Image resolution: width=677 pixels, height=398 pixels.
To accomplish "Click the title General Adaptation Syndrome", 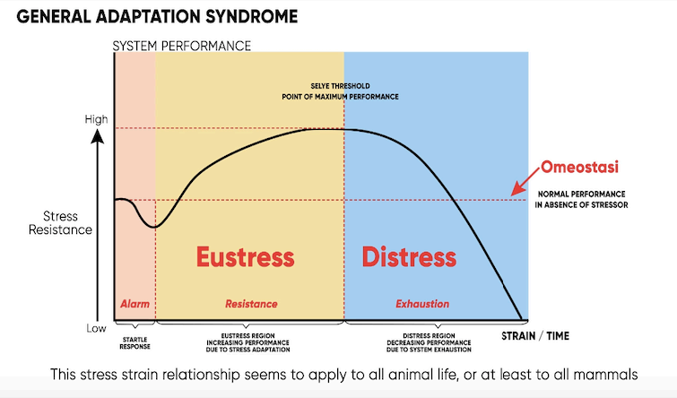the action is [x=157, y=16].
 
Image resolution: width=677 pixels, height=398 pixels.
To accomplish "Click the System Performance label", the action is [x=182, y=46].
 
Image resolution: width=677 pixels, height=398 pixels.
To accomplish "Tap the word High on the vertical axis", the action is [x=96, y=119].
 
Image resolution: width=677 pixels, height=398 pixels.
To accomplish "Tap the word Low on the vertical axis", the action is [x=96, y=328].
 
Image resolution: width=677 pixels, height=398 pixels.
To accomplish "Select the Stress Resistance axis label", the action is [x=60, y=222].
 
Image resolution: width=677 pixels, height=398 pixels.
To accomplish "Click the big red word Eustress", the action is [x=245, y=257].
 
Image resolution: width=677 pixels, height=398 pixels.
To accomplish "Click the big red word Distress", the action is [x=409, y=257].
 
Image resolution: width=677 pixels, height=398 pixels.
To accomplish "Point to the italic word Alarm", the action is [x=135, y=304].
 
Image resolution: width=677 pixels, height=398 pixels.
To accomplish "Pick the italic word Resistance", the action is [x=251, y=304].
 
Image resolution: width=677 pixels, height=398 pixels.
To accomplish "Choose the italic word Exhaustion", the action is [x=422, y=304].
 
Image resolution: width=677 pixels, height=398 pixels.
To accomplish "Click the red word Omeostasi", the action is [x=579, y=167].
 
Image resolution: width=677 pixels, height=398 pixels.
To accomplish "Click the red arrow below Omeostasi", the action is [x=525, y=181].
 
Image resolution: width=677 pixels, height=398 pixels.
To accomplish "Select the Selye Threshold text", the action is [x=340, y=86].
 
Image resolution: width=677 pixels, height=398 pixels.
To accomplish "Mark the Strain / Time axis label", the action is [x=535, y=336].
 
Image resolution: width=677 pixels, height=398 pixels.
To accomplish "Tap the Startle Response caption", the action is [x=135, y=343].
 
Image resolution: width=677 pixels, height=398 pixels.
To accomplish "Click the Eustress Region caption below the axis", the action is [x=247, y=342].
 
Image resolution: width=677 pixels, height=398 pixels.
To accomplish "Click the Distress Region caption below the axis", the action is [x=429, y=342].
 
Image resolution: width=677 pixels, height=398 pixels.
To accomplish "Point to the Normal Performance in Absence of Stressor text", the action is [x=582, y=199].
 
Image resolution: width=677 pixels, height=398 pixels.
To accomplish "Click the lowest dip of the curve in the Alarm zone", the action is [x=154, y=227].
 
